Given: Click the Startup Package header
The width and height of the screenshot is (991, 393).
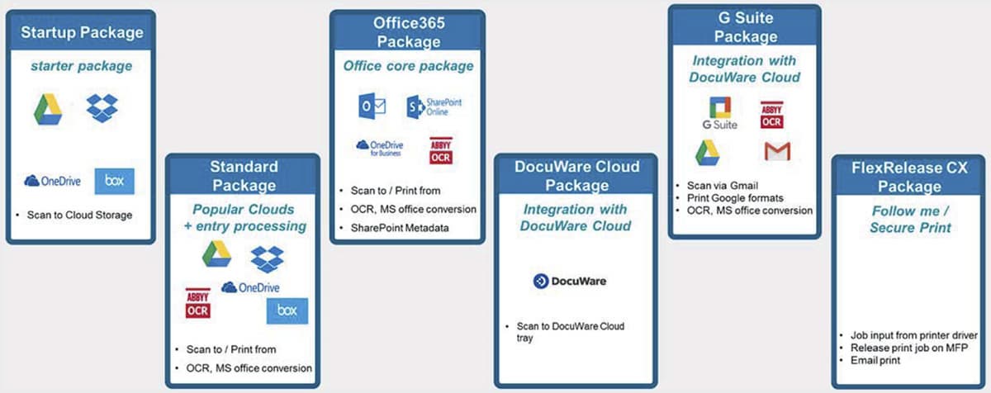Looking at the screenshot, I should coord(81,33).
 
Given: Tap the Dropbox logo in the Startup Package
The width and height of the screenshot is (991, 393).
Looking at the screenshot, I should coord(102,107).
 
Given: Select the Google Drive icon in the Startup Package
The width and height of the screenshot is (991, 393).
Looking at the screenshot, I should coord(48,110).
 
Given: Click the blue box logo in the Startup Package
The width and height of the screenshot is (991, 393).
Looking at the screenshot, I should coord(114,181).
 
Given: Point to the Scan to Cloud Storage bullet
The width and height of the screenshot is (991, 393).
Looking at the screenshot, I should coord(79,215).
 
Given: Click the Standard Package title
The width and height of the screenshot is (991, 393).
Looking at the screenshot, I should coord(243,176).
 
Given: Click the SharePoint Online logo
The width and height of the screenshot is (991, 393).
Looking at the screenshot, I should coord(434,107).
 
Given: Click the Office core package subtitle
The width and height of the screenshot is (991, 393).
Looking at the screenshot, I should coord(408,65).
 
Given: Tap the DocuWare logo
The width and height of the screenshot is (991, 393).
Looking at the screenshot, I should coord(569,282).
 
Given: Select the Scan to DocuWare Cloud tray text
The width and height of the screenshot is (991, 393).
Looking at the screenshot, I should coord(571,332).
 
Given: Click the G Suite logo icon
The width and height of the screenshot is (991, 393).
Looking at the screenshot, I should coord(719,112).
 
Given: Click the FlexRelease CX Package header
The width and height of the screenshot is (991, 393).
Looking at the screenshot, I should coord(909,177).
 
